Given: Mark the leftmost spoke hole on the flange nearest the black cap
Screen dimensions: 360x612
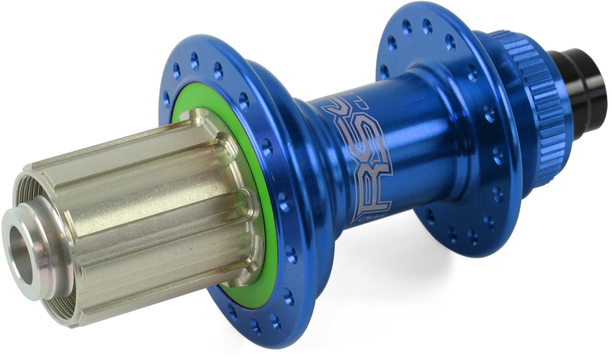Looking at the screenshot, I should (383, 69).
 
